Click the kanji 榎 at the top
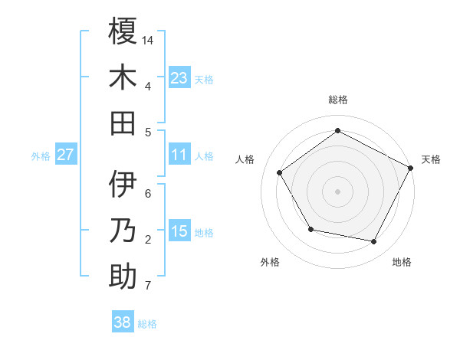pyautogui.click(x=123, y=33)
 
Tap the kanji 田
pyautogui.click(x=123, y=123)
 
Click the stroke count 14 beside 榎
pyautogui.click(x=149, y=39)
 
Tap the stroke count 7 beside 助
pyautogui.click(x=147, y=286)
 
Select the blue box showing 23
pyautogui.click(x=179, y=78)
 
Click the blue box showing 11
pyautogui.click(x=179, y=155)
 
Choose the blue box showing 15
pyautogui.click(x=179, y=231)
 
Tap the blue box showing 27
pyautogui.click(x=66, y=155)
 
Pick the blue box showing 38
pyautogui.click(x=123, y=322)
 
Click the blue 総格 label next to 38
pyautogui.click(x=148, y=324)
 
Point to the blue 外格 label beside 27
pyautogui.click(x=41, y=156)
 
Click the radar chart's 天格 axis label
pyautogui.click(x=431, y=159)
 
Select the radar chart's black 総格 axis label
pyautogui.click(x=338, y=100)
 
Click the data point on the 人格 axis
pyautogui.click(x=280, y=172)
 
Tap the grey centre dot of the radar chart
pyautogui.click(x=338, y=191)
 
